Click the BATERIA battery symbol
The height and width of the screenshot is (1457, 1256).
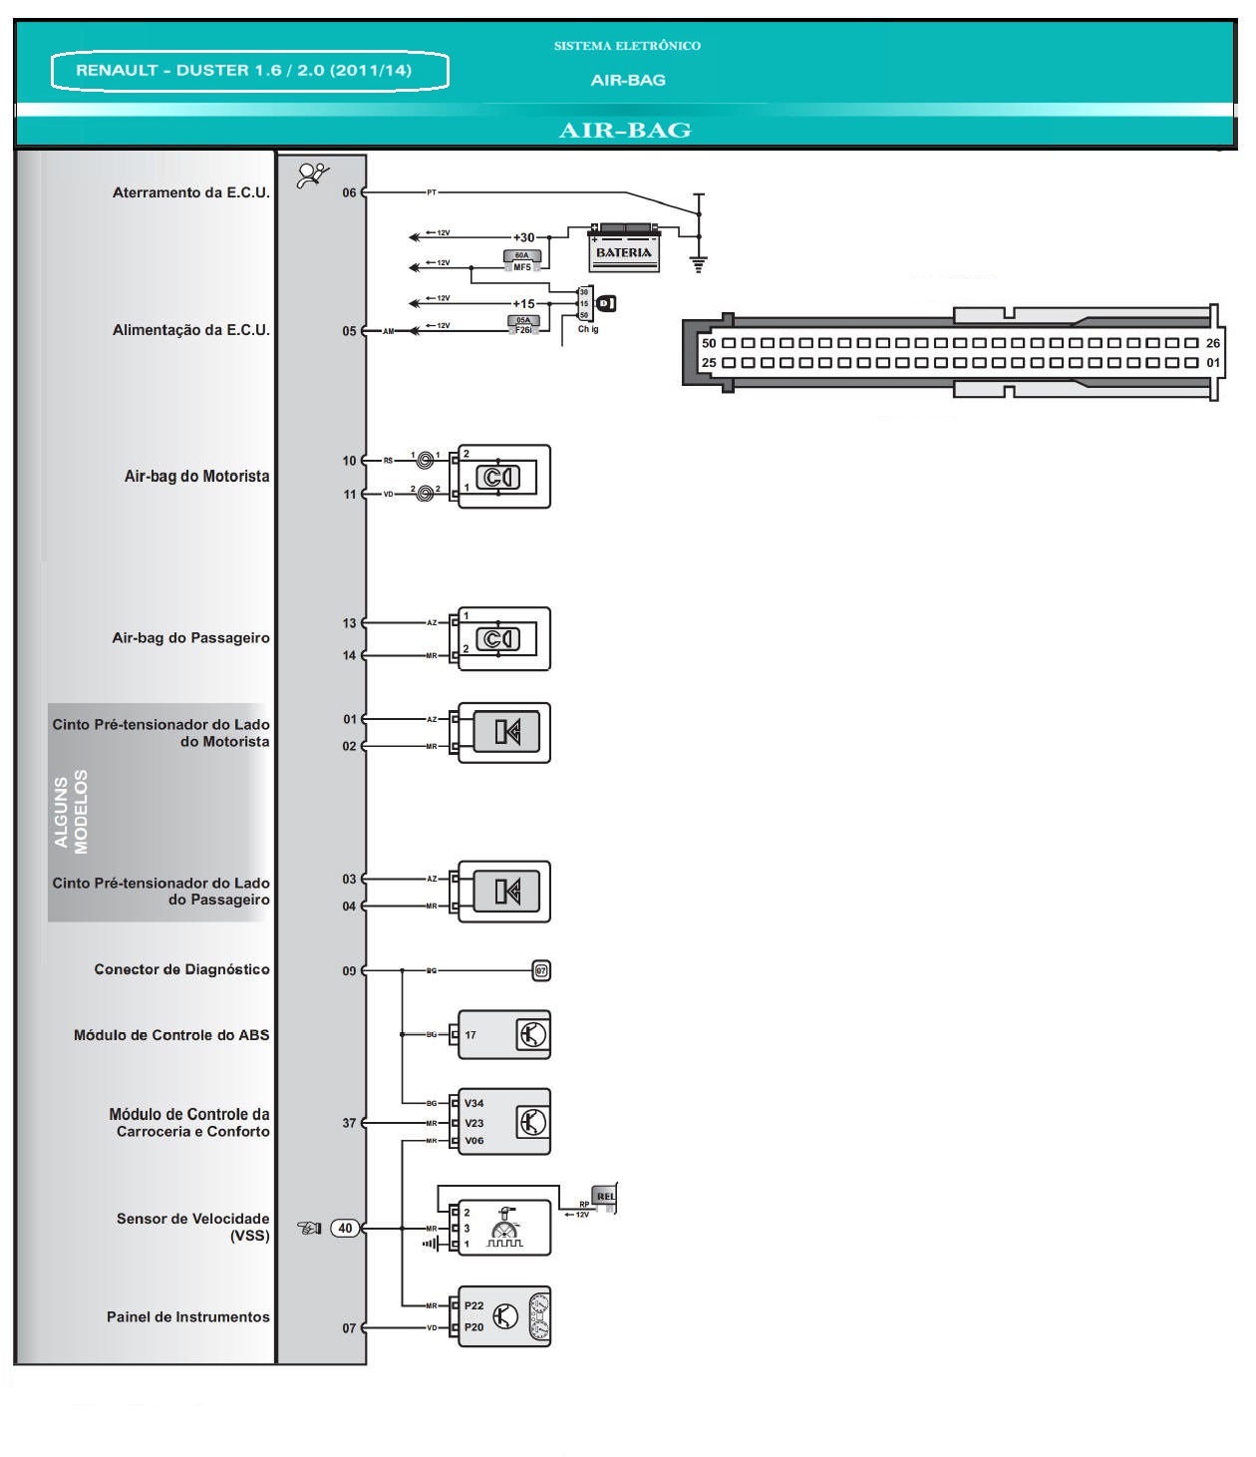tap(624, 247)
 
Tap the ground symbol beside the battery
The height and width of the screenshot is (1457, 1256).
tap(699, 264)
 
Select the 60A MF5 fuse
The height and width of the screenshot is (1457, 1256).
tap(522, 261)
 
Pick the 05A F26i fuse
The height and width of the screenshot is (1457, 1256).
tap(523, 324)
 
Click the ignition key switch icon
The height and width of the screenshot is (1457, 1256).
tap(605, 303)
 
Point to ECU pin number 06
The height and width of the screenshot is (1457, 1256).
tap(349, 192)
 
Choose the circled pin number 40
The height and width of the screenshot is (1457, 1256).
tap(345, 1228)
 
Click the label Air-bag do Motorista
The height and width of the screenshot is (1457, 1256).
tap(196, 477)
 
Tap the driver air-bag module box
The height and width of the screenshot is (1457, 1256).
tap(503, 477)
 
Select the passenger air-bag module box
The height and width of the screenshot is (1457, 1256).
tap(503, 639)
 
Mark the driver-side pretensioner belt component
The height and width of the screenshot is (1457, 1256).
tap(503, 733)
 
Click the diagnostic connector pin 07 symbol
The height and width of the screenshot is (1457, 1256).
tap(541, 970)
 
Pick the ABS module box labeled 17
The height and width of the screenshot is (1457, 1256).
tap(503, 1035)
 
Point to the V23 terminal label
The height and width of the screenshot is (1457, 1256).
tap(474, 1123)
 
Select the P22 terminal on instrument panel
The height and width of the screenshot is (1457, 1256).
tap(474, 1305)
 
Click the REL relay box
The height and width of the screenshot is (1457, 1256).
tap(604, 1196)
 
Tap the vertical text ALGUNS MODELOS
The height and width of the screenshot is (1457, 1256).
tap(71, 812)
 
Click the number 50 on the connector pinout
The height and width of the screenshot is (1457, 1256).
tap(709, 343)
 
